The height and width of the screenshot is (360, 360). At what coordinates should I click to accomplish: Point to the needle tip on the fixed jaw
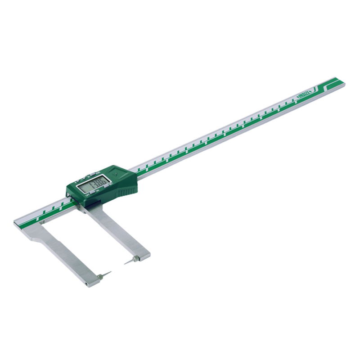coord(111,272)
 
